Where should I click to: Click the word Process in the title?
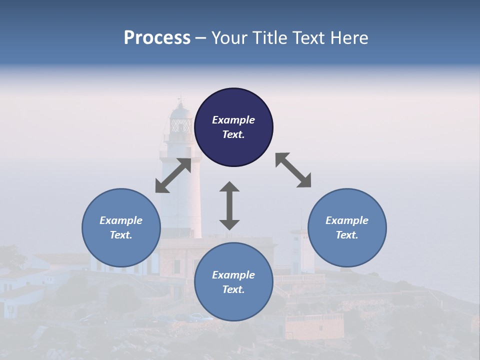(x=157, y=38)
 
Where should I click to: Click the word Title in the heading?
(x=266, y=38)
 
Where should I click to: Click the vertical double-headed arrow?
(x=229, y=205)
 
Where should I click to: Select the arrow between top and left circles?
(x=173, y=175)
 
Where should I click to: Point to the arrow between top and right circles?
(x=293, y=170)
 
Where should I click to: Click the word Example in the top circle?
(x=233, y=120)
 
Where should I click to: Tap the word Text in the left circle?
(x=121, y=235)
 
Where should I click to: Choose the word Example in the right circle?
(x=347, y=220)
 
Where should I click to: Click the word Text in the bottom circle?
(x=233, y=289)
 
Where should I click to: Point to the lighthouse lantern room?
(x=180, y=122)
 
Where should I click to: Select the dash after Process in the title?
(x=201, y=38)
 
